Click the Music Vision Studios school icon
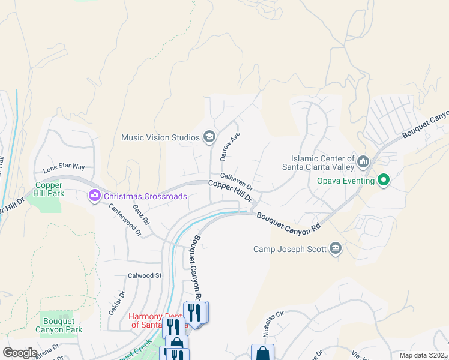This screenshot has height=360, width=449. pyautogui.click(x=209, y=137)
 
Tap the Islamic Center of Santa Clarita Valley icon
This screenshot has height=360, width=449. pyautogui.click(x=363, y=161)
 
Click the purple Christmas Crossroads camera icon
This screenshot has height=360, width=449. pyautogui.click(x=94, y=196)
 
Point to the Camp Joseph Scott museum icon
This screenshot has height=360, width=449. pyautogui.click(x=335, y=248)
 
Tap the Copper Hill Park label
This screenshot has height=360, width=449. pyautogui.click(x=49, y=190)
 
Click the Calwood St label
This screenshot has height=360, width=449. pyautogui.click(x=145, y=275)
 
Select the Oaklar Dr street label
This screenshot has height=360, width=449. pyautogui.click(x=116, y=303)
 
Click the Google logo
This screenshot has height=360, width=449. pyautogui.click(x=20, y=352)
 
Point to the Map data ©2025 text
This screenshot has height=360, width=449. pyautogui.click(x=423, y=355)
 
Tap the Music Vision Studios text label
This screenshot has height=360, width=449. pyautogui.click(x=160, y=137)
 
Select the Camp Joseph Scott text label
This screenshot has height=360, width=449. pyautogui.click(x=289, y=249)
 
